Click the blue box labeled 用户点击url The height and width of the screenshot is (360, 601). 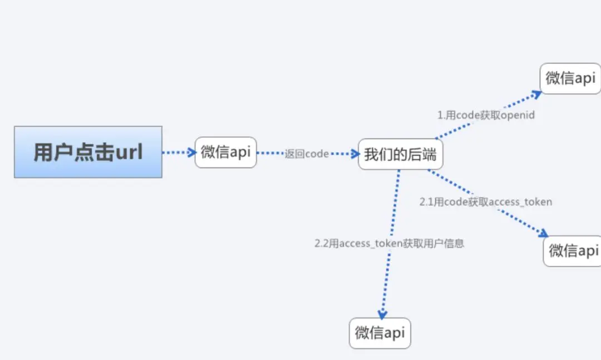(88, 152)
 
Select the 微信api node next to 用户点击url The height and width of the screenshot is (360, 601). (225, 152)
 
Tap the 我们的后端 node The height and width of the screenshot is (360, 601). (400, 154)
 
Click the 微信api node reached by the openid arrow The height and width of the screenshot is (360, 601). (570, 78)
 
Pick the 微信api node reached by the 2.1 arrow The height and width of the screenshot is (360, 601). (573, 250)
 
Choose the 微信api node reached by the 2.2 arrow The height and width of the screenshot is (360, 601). (380, 333)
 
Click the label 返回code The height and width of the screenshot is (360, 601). (307, 154)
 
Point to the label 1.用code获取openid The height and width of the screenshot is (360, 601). (486, 115)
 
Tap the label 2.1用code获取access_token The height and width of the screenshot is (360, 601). (486, 201)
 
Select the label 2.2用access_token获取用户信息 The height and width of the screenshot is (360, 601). (389, 243)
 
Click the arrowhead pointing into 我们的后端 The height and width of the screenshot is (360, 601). (354, 154)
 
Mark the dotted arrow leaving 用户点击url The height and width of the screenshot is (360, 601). (178, 152)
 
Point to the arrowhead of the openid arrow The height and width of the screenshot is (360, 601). (536, 93)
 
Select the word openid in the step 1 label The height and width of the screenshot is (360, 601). (518, 115)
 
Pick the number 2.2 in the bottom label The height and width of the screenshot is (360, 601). (322, 243)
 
